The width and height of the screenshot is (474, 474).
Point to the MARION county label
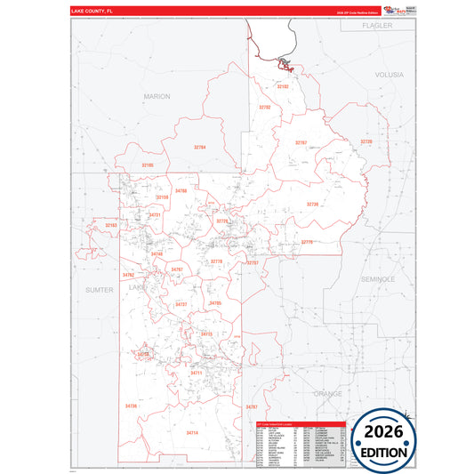tap(157, 95)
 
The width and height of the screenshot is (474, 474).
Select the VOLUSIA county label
tap(390, 76)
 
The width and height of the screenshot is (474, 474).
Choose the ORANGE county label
tap(326, 392)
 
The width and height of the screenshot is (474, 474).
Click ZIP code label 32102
tap(283, 87)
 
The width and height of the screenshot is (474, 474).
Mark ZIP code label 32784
tap(199, 147)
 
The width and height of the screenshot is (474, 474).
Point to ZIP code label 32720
tap(366, 142)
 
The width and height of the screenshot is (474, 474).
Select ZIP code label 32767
tap(301, 142)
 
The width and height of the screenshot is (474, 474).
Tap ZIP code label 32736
tap(312, 205)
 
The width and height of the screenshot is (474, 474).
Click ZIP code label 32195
tap(148, 165)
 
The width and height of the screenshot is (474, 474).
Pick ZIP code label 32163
tap(111, 226)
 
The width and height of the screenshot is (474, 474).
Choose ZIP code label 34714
tap(191, 433)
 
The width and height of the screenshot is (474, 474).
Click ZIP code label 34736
tap(132, 406)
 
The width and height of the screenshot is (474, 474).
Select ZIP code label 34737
tap(181, 304)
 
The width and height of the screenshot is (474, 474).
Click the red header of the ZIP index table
tap(298, 424)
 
